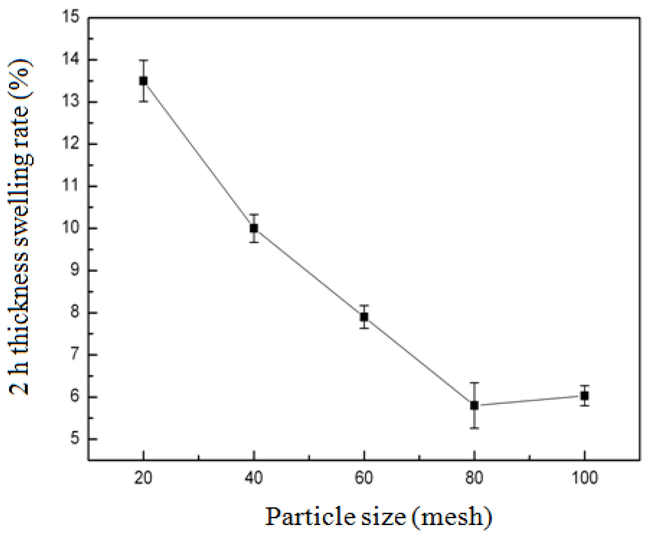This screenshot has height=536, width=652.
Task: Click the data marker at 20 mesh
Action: click(x=143, y=81)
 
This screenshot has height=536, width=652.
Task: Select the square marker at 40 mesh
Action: click(x=254, y=228)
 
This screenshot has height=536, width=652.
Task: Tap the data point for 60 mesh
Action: click(x=364, y=317)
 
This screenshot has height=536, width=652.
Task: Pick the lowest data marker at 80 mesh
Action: click(x=474, y=405)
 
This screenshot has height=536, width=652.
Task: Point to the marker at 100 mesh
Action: click(x=585, y=395)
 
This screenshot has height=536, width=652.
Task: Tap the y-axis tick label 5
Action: click(x=74, y=439)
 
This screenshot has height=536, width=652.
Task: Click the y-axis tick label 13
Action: click(x=70, y=102)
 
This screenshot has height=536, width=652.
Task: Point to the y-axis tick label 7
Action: click(x=74, y=355)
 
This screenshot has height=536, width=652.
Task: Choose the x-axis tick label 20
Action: click(x=143, y=478)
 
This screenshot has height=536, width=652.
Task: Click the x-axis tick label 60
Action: click(x=364, y=478)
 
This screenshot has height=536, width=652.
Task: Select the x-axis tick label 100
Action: click(x=585, y=478)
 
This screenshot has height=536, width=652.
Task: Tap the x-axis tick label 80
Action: click(x=474, y=478)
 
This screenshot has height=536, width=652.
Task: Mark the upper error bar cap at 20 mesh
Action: click(x=143, y=60)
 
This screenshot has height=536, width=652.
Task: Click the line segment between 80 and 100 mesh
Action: click(x=529, y=400)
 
